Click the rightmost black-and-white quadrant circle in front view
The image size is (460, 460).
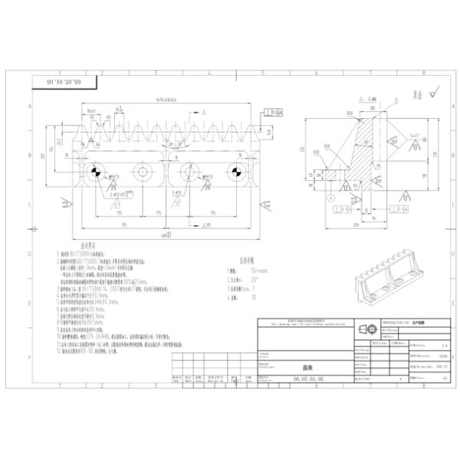tap(236, 171)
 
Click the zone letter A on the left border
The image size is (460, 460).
tap(29, 107)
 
